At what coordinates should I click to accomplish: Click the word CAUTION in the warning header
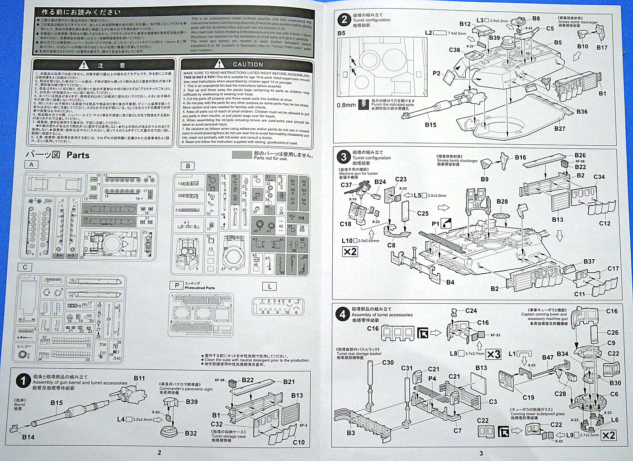coord(248,65)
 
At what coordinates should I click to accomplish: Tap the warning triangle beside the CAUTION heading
coord(219,64)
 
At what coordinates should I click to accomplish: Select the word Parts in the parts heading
coord(78,155)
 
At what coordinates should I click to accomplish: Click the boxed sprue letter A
coord(31,165)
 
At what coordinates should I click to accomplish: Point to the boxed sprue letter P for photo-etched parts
coord(176,285)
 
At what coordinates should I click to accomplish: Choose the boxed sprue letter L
coord(269,286)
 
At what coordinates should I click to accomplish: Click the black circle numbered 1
coord(23,381)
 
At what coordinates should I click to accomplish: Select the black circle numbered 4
coord(343,314)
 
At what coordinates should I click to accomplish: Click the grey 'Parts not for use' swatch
coord(241,155)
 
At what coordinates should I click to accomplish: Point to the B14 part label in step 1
coord(28,437)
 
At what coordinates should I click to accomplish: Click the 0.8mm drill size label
coord(346,105)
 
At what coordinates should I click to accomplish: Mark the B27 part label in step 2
coord(560,128)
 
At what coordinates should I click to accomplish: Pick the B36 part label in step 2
coord(582,112)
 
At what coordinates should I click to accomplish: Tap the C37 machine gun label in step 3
coord(346,185)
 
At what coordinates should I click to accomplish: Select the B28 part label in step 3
coord(502,202)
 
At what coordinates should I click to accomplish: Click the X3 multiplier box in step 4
coord(494,354)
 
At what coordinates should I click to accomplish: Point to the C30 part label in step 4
coord(388,363)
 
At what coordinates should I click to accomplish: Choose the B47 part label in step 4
coord(548,357)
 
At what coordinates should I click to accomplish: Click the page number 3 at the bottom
coord(481,453)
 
